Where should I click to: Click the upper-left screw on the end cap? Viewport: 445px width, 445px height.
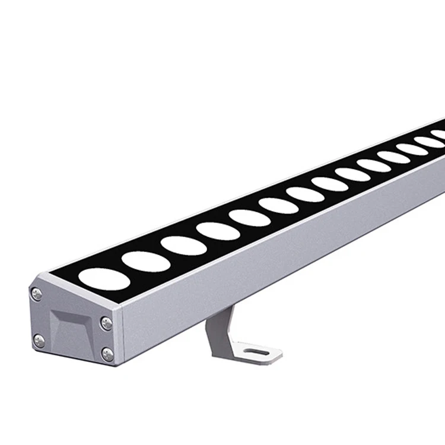click(x=37, y=294)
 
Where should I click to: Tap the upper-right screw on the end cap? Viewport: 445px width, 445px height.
click(x=106, y=323)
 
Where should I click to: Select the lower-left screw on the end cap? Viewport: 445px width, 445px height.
click(x=39, y=341)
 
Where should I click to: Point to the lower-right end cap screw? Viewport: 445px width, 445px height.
click(x=107, y=354)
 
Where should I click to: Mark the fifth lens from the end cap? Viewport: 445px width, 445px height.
click(x=250, y=218)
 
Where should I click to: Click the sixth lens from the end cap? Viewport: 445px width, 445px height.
click(x=279, y=205)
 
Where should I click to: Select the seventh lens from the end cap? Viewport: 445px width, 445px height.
click(x=306, y=194)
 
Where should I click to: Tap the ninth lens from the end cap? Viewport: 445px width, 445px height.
click(x=352, y=174)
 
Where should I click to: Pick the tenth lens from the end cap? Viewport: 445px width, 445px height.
click(x=374, y=166)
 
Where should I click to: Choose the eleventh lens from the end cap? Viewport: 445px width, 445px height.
click(x=394, y=157)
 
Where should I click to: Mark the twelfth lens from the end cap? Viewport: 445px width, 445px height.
click(x=412, y=149)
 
